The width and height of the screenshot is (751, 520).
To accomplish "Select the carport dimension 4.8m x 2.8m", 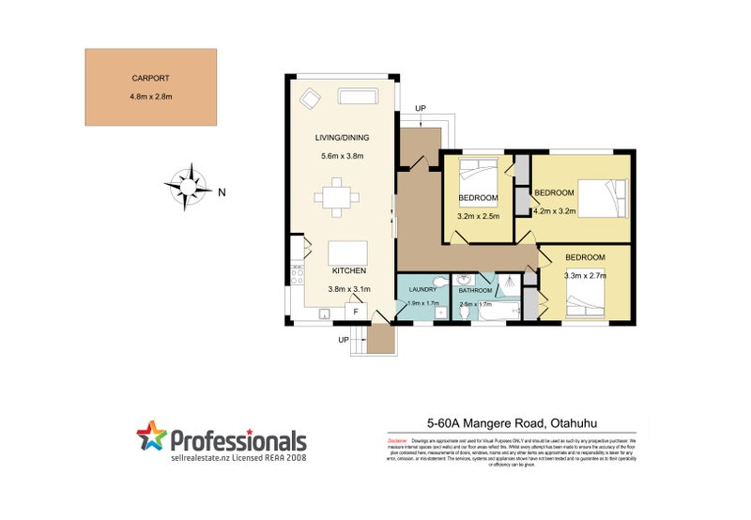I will coord(150,97).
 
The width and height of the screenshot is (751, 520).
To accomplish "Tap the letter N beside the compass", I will coord(222,192).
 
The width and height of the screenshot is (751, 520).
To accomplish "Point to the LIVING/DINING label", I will coord(341,139).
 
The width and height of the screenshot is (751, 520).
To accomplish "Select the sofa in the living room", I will coord(358,97).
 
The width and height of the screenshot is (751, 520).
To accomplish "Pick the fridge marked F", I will coord(356,311).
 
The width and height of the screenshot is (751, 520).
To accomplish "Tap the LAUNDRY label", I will coord(421,291).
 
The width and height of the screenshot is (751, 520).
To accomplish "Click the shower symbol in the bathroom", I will coord(506,281).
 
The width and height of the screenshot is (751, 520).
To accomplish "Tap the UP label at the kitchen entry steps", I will coord(344,339).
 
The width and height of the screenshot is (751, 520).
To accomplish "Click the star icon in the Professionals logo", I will coord(151,436).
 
